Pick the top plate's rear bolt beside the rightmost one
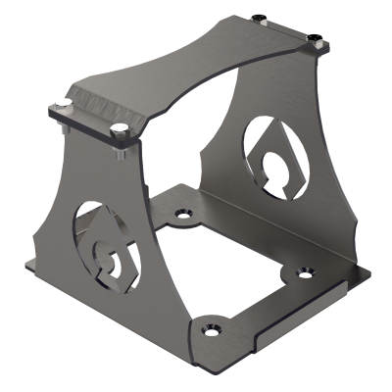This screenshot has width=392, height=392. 259,19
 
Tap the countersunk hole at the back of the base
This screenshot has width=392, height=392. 179,212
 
